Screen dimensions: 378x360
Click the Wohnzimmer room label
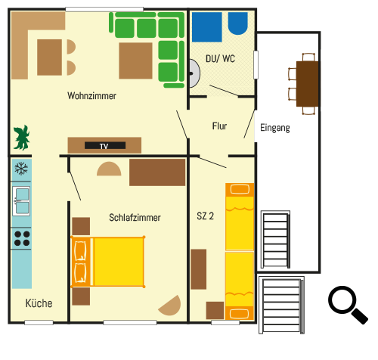pyautogui.click(x=91, y=96)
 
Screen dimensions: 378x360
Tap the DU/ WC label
pyautogui.click(x=220, y=59)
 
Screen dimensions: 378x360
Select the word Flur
pyautogui.click(x=219, y=126)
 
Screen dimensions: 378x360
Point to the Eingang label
pyautogui.click(x=275, y=128)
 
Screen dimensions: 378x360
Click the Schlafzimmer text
pyautogui.click(x=135, y=217)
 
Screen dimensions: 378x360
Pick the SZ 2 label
pyautogui.click(x=205, y=216)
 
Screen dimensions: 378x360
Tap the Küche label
pyautogui.click(x=39, y=303)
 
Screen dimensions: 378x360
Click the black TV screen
pyautogui.click(x=105, y=145)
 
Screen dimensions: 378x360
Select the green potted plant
pyautogui.click(x=22, y=138)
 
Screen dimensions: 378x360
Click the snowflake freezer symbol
pyautogui.click(x=21, y=169)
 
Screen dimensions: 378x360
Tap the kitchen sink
pyautogui.click(x=21, y=201)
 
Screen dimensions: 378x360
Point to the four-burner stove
pyautogui.click(x=22, y=238)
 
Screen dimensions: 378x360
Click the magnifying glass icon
pyautogui.click(x=348, y=305)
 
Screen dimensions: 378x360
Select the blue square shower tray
pyautogui.click(x=207, y=27)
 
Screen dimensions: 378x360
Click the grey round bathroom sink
pyautogui.click(x=194, y=73)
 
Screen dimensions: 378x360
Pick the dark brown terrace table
pyautogui.click(x=308, y=84)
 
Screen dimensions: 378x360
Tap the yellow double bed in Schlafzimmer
pyautogui.click(x=108, y=262)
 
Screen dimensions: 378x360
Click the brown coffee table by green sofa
pyautogui.click(x=135, y=61)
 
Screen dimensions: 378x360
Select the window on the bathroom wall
pyautogui.click(x=256, y=65)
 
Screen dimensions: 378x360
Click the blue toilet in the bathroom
pyautogui.click(x=238, y=23)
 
